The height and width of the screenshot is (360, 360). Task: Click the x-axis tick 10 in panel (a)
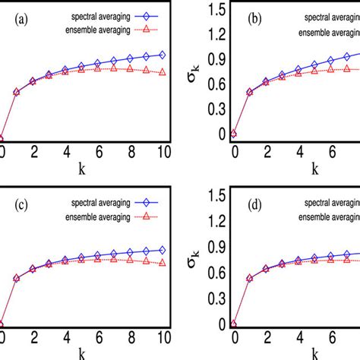click(x=162, y=151)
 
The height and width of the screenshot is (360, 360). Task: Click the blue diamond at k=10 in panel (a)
click(x=162, y=55)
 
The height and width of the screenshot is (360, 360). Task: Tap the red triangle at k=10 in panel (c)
click(x=162, y=264)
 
